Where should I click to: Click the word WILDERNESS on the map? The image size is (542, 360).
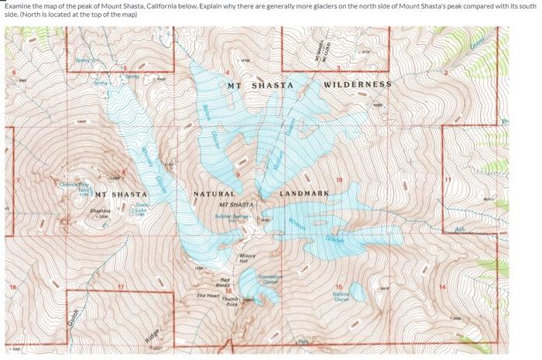tap(357, 84)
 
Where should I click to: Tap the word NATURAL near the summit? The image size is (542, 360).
tap(214, 194)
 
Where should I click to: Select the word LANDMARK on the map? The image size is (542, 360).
tap(304, 192)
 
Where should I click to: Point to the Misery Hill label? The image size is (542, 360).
tap(248, 258)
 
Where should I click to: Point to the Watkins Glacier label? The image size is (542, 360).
tap(341, 296)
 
